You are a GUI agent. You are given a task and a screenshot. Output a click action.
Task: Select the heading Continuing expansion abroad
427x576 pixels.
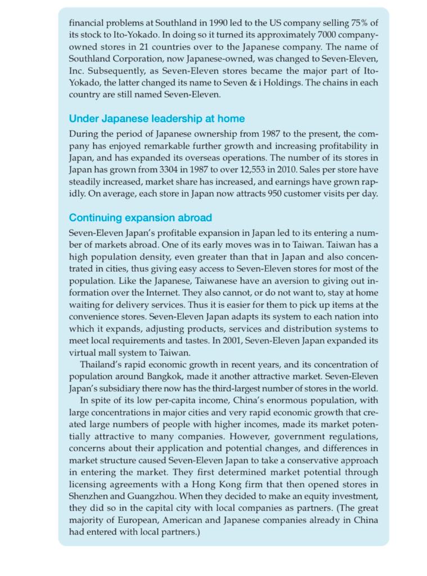pyautogui.click(x=140, y=217)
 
